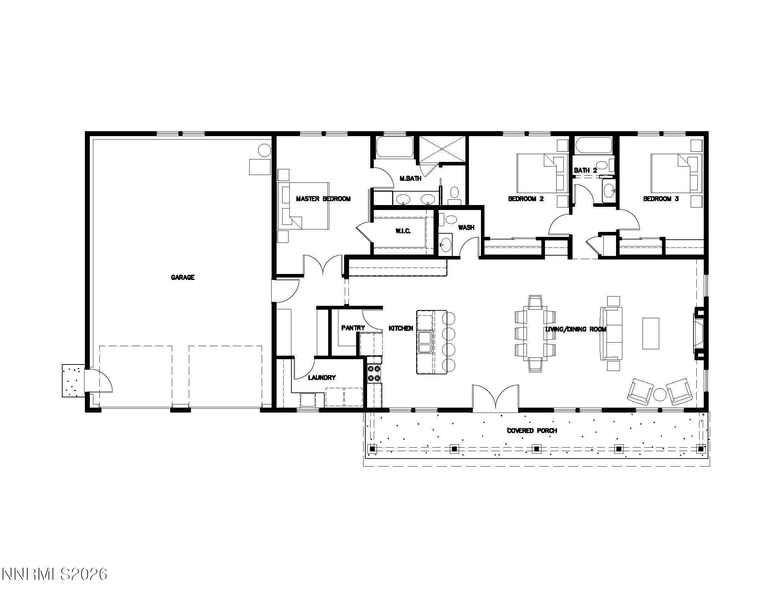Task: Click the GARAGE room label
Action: pos(182,278)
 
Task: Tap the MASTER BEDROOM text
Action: pos(323,199)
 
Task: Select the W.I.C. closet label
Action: pos(403,231)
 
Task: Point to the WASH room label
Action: pos(466,228)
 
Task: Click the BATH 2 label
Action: pos(585,170)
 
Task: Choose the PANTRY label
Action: pos(353,328)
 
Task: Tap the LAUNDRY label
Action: pos(322,378)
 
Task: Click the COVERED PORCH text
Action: pos(532,431)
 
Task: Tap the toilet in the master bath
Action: pos(454,193)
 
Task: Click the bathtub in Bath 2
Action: pos(593,145)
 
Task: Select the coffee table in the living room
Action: pos(650,333)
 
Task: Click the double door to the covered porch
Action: pos(495,399)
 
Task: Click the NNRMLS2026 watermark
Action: pos(54,574)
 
